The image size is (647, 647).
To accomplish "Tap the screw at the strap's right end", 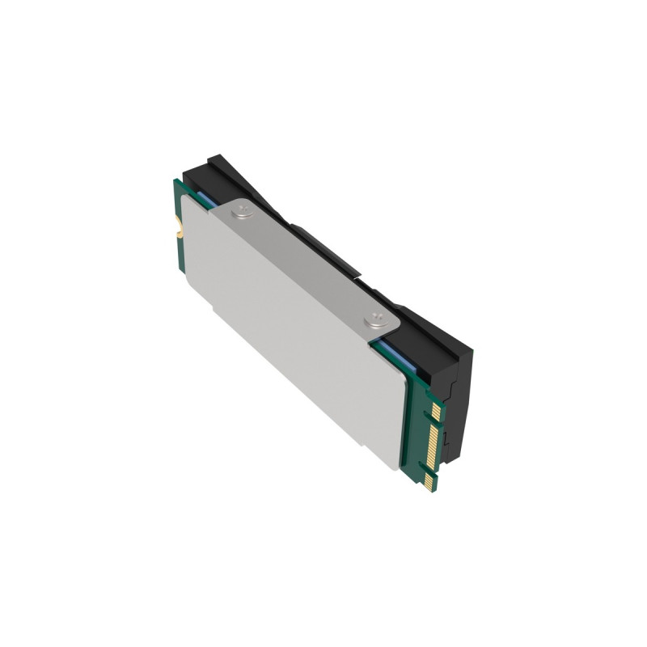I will point(374,321).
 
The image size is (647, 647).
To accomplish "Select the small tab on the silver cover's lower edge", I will point(213,308).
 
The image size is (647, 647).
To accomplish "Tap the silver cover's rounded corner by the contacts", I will point(395,461).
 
